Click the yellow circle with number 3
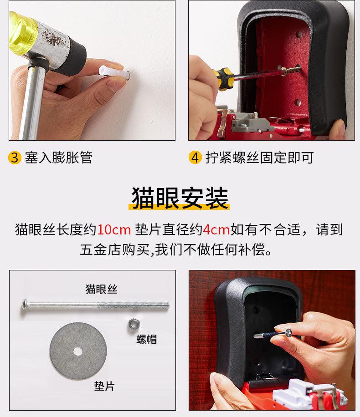tap(15, 158)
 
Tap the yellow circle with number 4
tap(195, 158)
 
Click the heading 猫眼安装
tap(180, 198)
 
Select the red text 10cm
tap(114, 230)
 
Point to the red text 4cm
tap(216, 230)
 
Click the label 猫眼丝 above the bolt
tap(102, 289)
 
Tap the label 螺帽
tap(146, 339)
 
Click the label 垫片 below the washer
tap(104, 386)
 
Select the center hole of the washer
tap(78, 351)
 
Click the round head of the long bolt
tap(24, 305)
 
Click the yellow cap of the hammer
tap(22, 34)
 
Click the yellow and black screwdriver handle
tap(224, 77)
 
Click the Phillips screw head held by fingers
tap(288, 332)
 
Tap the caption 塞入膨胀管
tap(59, 158)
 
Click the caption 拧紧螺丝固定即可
tap(259, 158)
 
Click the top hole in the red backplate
tap(299, 34)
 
